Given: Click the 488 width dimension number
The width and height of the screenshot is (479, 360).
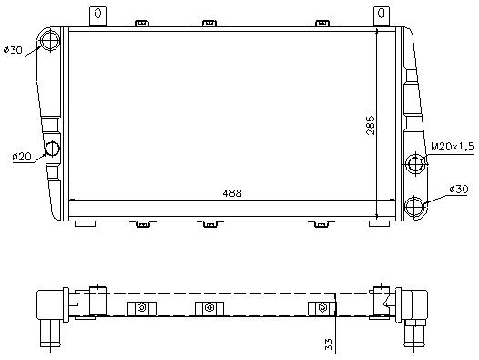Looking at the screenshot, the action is (x=232, y=193).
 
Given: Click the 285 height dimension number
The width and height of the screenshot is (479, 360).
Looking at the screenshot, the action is (x=371, y=125).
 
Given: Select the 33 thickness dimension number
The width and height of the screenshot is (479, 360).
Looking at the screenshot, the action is (x=329, y=345).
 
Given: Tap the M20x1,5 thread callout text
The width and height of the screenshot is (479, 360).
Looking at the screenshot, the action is (x=452, y=147).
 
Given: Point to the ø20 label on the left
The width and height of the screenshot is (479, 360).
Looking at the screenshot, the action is (x=22, y=157).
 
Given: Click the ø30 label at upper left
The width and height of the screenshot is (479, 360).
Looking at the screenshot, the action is (x=13, y=50).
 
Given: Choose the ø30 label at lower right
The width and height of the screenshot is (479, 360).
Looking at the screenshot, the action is (x=458, y=189).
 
